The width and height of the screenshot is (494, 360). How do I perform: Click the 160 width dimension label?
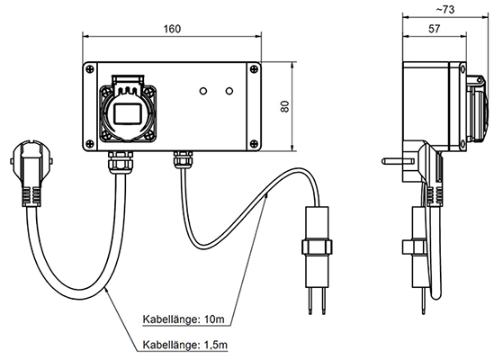point(172,29)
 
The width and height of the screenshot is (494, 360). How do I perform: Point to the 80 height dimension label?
point(284,106)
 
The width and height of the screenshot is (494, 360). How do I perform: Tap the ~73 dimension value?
point(445,10)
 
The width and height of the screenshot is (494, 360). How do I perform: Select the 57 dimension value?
point(434,29)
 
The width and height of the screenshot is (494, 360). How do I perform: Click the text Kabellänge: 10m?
point(184,319)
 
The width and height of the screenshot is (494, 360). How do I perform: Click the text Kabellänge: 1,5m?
point(185,345)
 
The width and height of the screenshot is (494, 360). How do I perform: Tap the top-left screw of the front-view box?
point(90,69)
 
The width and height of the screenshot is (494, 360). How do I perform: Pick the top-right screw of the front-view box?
point(254,69)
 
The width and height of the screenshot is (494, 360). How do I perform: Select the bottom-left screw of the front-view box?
point(90,144)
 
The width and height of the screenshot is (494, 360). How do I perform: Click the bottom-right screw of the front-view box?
point(254,144)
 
